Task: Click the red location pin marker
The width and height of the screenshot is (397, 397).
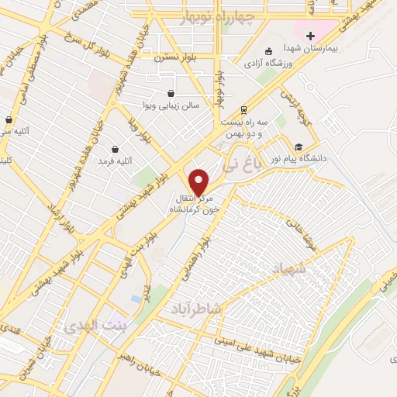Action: click(x=199, y=181)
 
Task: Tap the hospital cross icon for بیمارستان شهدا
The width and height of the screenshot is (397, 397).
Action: click(x=310, y=36)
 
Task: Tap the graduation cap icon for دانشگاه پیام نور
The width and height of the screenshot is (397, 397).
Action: click(x=299, y=147)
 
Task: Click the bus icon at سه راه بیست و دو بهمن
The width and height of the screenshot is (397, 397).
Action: click(x=244, y=109)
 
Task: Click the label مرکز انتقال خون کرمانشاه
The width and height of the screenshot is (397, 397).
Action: click(x=200, y=203)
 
